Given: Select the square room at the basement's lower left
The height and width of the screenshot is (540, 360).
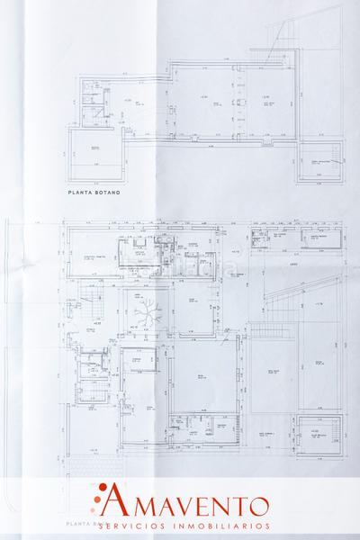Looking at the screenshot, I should (94, 158).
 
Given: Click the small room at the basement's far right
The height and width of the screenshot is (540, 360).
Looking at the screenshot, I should (321, 163).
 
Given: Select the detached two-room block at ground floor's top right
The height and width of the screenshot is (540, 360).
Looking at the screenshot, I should (296, 239).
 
